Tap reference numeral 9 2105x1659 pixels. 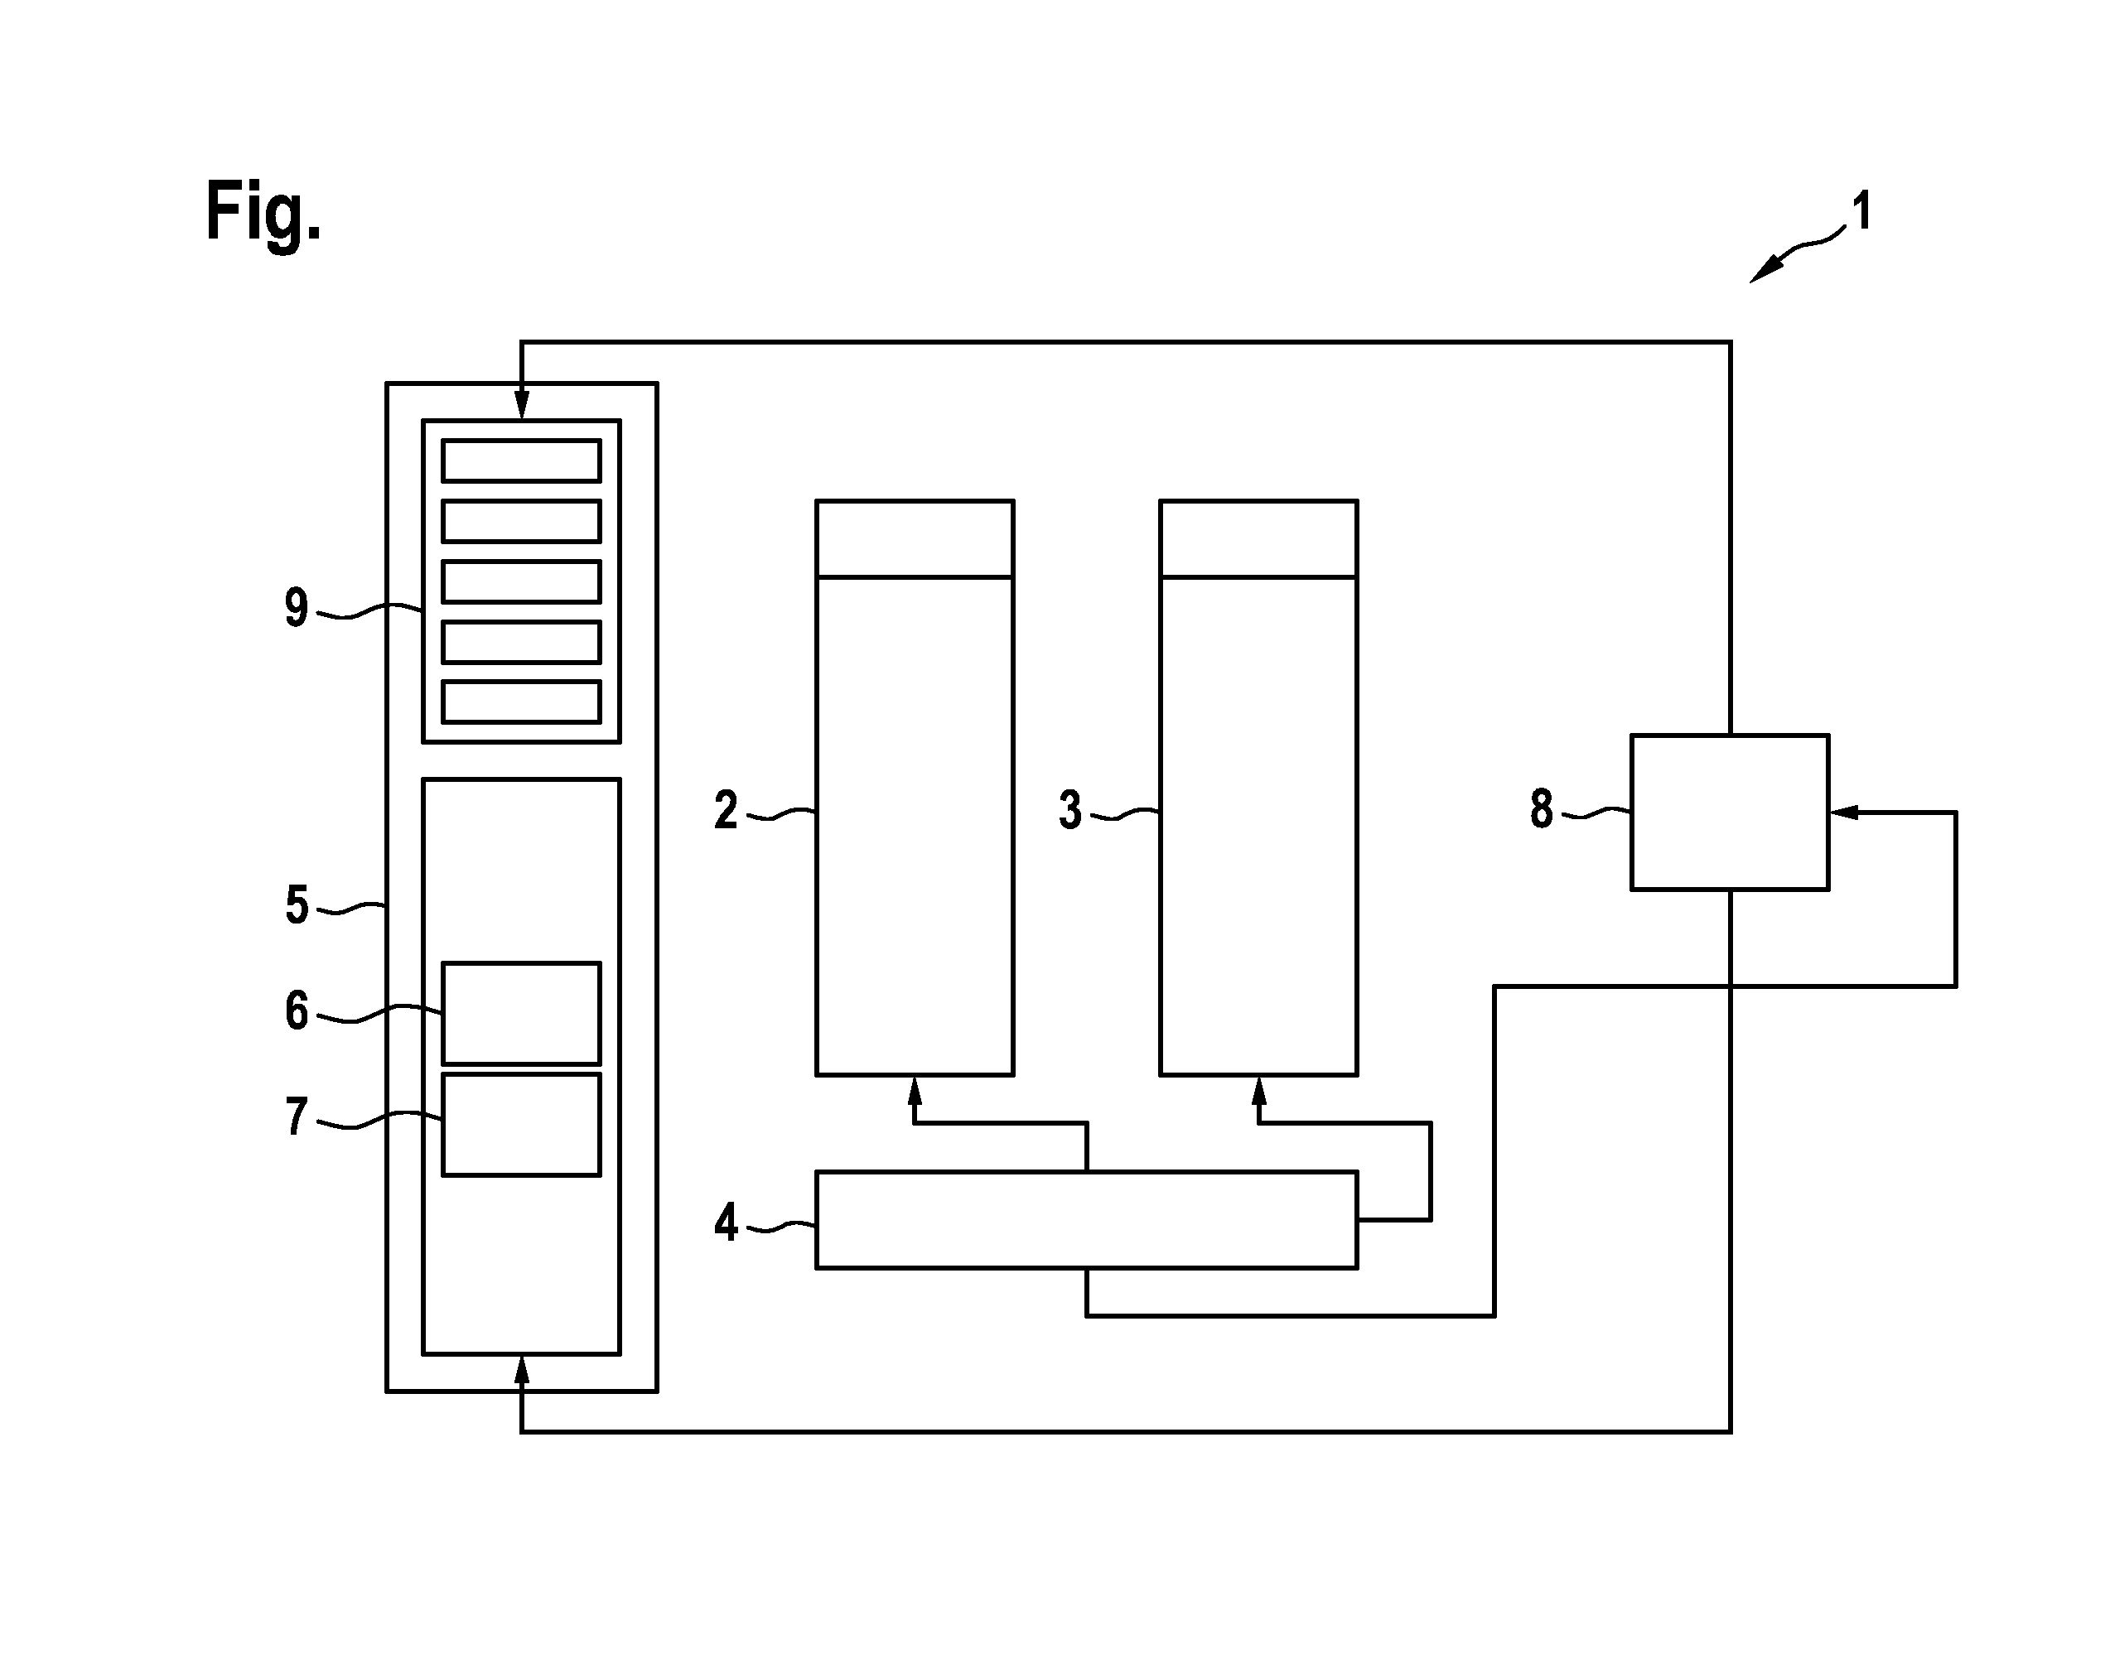pyautogui.click(x=297, y=608)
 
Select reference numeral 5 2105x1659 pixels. pyautogui.click(x=297, y=905)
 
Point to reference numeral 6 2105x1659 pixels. pyautogui.click(x=297, y=1010)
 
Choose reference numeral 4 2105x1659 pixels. pyautogui.click(x=726, y=1222)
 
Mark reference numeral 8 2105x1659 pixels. pyautogui.click(x=1542, y=808)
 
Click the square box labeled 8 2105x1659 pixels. pyautogui.click(x=1729, y=812)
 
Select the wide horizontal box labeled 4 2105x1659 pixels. pyautogui.click(x=1086, y=1220)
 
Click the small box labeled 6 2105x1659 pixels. pyautogui.click(x=522, y=1013)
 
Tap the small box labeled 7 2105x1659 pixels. pyautogui.click(x=522, y=1125)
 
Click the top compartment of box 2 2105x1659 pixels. pyautogui.click(x=915, y=539)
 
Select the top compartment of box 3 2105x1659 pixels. pyautogui.click(x=1259, y=539)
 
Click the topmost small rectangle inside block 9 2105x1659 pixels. pyautogui.click(x=522, y=461)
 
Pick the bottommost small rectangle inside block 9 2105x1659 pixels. pyautogui.click(x=522, y=702)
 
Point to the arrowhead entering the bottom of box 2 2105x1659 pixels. pyautogui.click(x=914, y=1091)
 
